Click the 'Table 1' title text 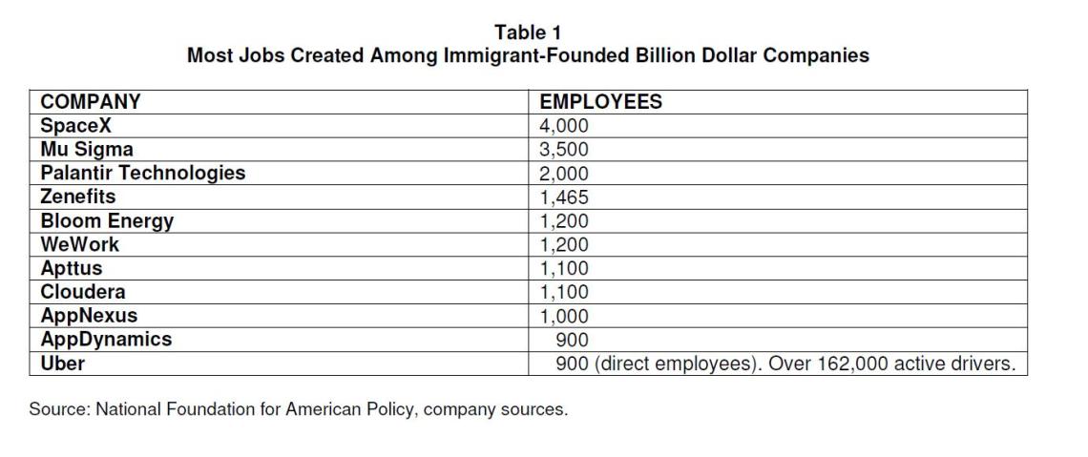pos(528,32)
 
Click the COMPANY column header pos(91,102)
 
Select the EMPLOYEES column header pos(600,102)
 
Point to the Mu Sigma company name pos(87,149)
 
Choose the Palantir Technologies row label pos(142,173)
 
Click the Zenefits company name pos(77,197)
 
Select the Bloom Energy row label pos(107,220)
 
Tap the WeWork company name pos(79,244)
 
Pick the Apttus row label pos(71,268)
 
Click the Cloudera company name pos(82,292)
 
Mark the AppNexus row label pos(89,316)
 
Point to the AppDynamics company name pos(106,340)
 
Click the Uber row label pos(62,364)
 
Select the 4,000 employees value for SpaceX pos(564,126)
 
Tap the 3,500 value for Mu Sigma pos(564,150)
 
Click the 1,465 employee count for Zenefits pos(564,197)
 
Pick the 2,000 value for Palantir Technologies pos(564,174)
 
